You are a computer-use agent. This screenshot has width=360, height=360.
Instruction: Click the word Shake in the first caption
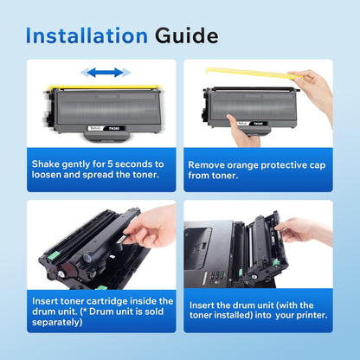(49, 162)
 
